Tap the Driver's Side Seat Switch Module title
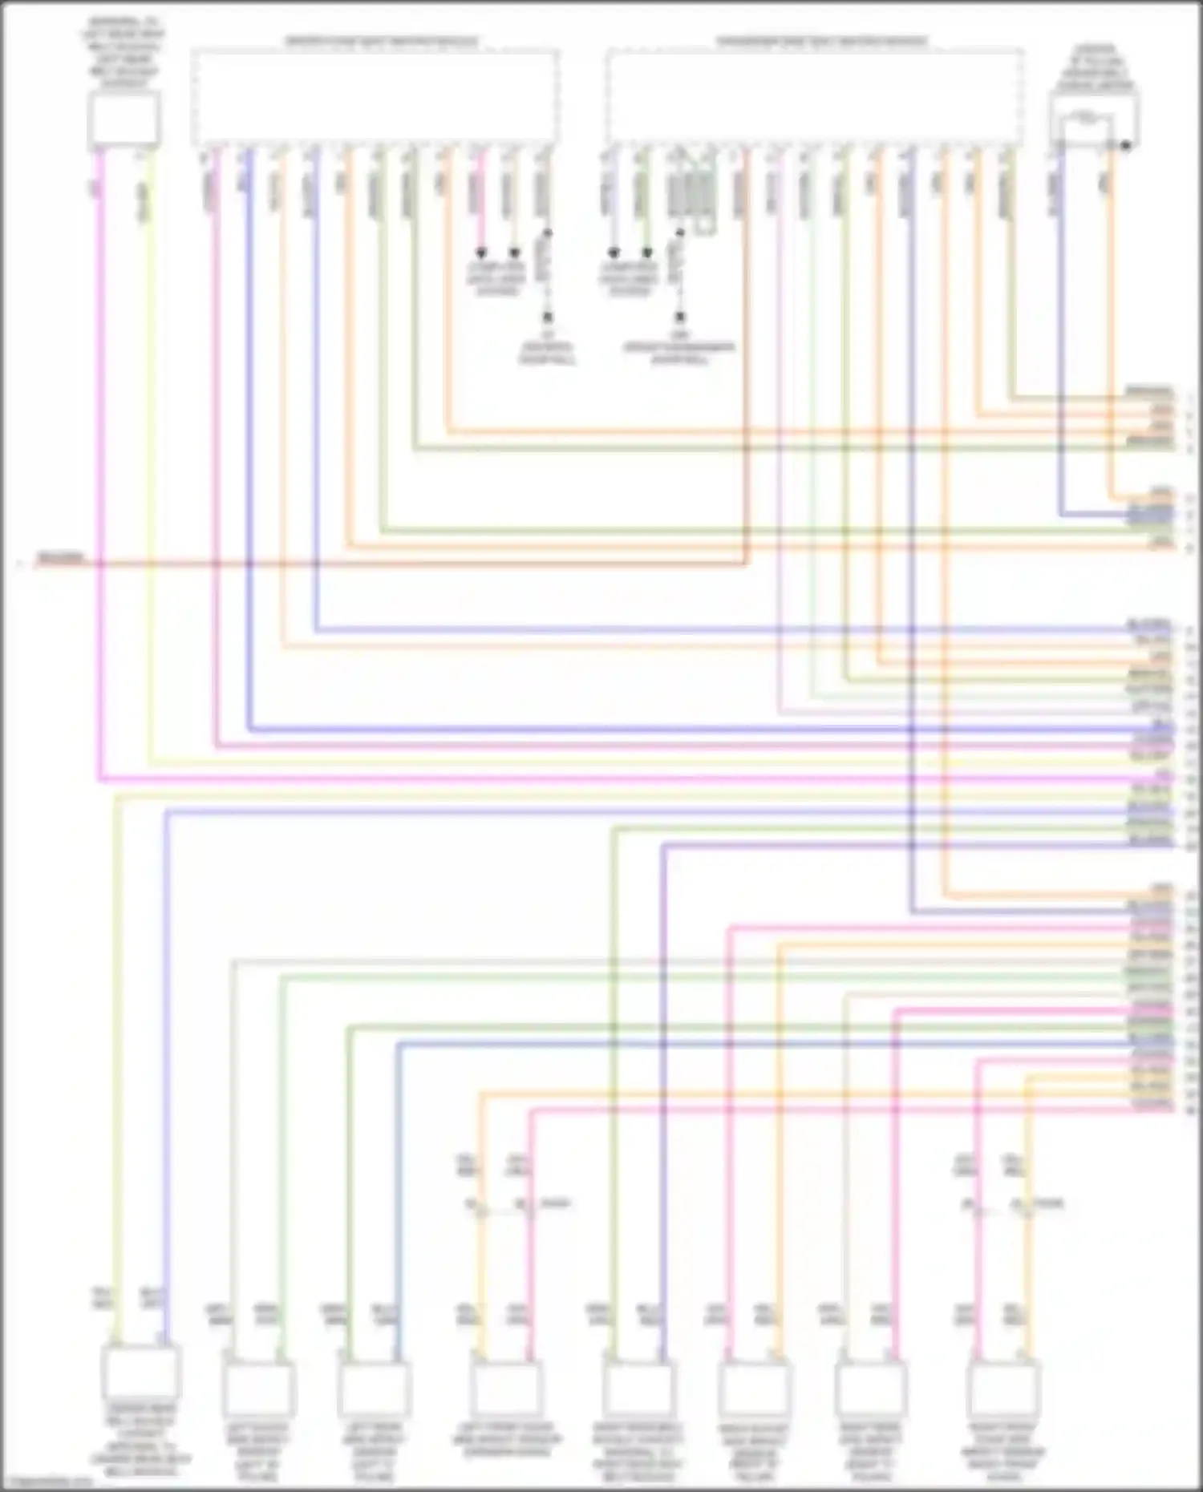382,42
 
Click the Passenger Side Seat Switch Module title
821,42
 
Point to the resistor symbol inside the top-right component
1086,119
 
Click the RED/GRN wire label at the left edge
60,557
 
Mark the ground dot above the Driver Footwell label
548,317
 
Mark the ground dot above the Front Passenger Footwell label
680,317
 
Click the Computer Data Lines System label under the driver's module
497,279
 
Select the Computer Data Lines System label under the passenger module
630,279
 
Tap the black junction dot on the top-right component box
1126,146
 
